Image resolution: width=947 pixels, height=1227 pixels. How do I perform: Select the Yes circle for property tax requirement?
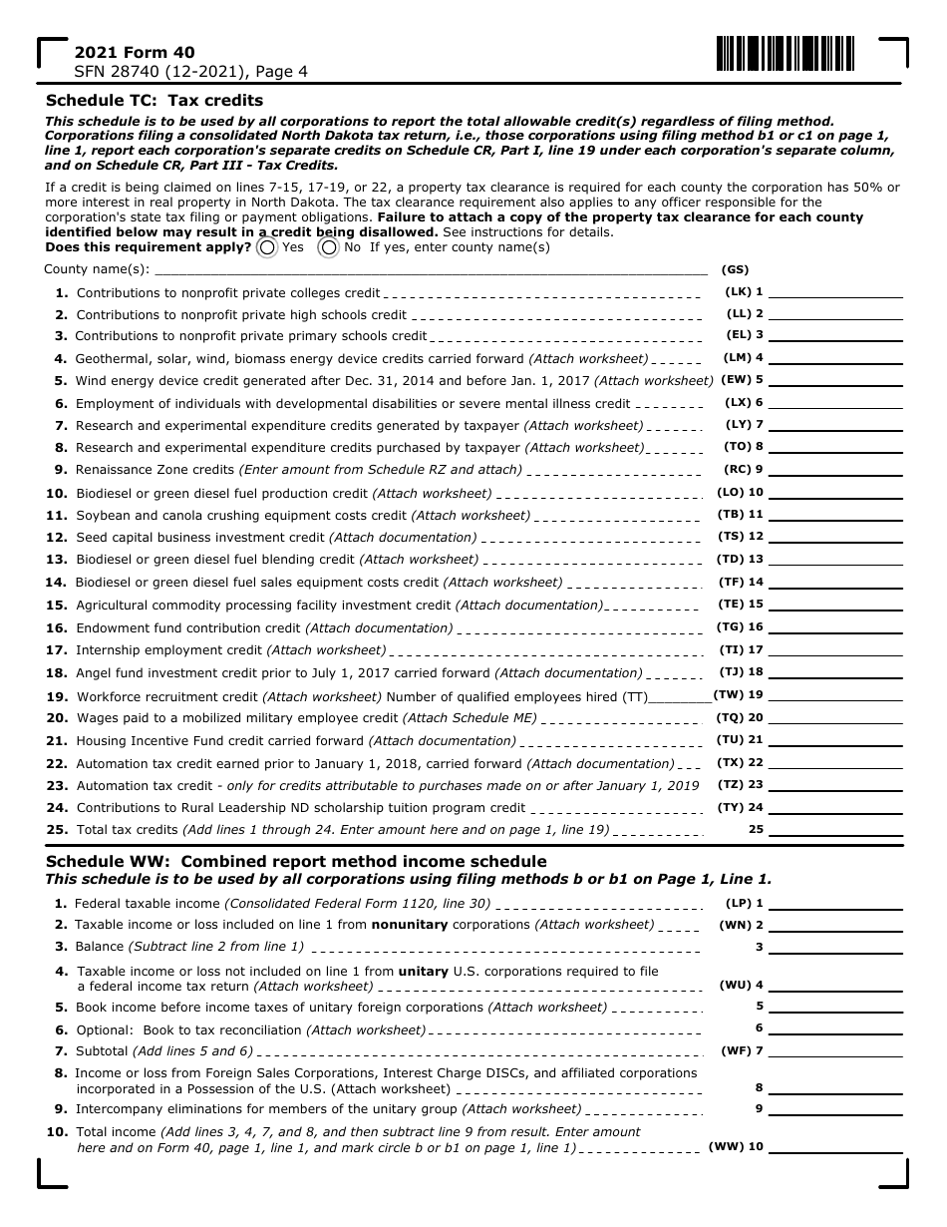click(x=267, y=247)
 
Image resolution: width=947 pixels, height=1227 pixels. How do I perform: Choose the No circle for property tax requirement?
click(x=328, y=247)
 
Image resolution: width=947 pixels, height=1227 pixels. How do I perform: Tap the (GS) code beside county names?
click(x=735, y=269)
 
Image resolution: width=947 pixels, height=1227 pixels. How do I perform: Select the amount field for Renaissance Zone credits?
click(x=835, y=469)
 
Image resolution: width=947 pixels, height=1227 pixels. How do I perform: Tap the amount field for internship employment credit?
click(x=835, y=649)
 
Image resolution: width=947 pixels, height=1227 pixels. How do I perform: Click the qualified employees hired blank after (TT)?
click(x=680, y=696)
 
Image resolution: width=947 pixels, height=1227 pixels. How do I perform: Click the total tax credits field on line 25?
click(x=835, y=829)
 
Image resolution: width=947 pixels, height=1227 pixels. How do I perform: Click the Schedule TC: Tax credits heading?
click(x=155, y=100)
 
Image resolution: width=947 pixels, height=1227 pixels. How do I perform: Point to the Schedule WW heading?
click(x=296, y=861)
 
